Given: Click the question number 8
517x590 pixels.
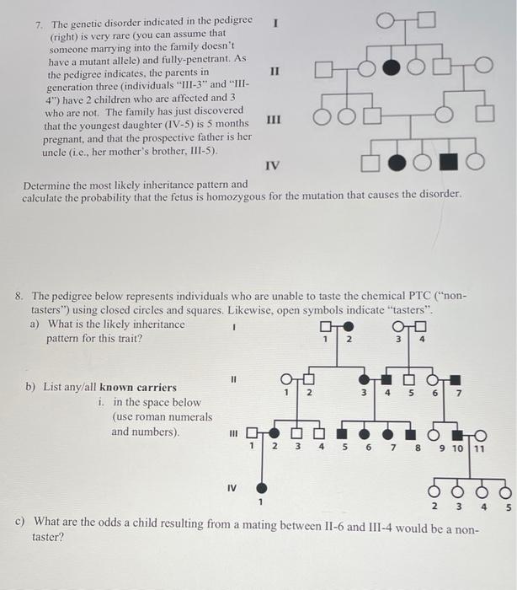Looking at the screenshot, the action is click(19, 297).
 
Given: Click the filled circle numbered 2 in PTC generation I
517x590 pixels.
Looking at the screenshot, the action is click(348, 327).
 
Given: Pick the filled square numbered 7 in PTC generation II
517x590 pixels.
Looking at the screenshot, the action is click(455, 378).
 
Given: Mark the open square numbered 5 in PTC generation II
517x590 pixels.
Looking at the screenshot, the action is click(410, 378).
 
